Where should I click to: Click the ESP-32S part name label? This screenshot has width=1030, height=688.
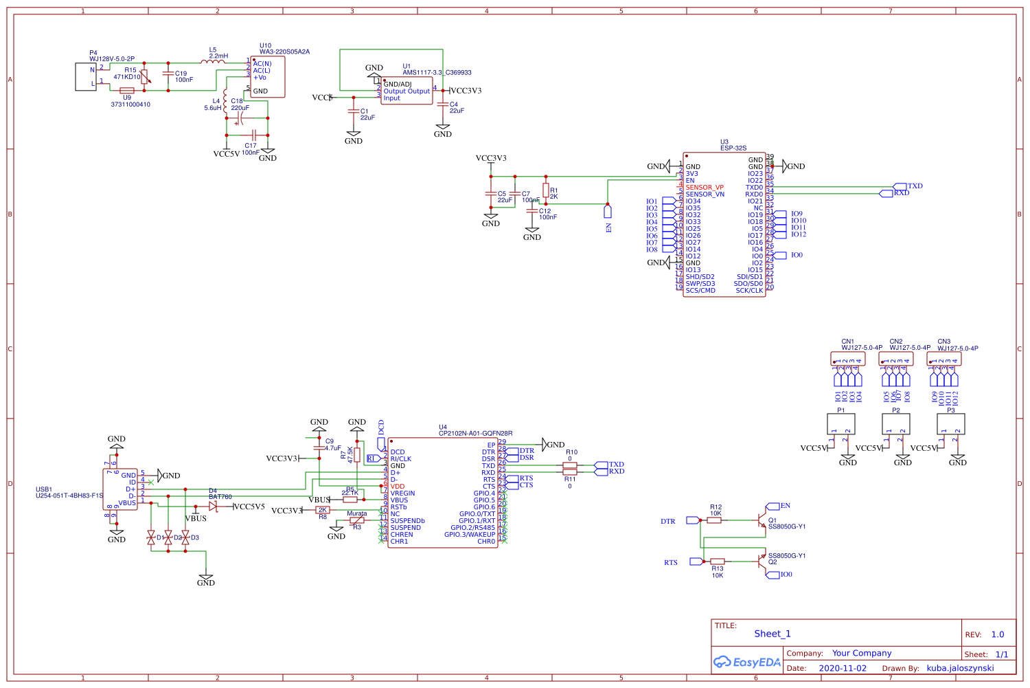click(x=733, y=148)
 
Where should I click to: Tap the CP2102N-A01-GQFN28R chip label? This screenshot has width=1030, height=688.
click(x=475, y=434)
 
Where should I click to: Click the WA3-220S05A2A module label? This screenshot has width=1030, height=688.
click(x=284, y=52)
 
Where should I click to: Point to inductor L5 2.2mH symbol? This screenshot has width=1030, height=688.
click(x=213, y=62)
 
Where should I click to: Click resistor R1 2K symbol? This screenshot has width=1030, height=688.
click(x=546, y=190)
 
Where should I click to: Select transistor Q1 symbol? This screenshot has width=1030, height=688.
click(x=762, y=520)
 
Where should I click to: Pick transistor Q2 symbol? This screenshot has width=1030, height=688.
click(x=762, y=562)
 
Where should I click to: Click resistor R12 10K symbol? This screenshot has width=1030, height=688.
click(x=714, y=520)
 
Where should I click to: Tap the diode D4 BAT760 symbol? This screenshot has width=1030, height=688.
click(x=213, y=507)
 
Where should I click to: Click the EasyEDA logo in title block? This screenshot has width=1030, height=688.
click(x=747, y=663)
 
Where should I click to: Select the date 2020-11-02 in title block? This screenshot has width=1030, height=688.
click(x=843, y=668)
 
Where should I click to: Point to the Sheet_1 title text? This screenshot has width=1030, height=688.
click(x=772, y=634)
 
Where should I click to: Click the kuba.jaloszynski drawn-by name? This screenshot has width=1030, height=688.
click(x=960, y=668)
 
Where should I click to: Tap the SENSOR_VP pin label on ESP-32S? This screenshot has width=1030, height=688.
click(x=705, y=188)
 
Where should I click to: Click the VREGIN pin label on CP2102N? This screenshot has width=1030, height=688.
click(x=402, y=493)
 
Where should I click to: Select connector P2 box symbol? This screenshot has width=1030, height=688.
click(x=895, y=424)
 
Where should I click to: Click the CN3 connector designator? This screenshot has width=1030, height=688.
click(x=944, y=342)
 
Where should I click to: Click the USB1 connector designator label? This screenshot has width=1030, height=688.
click(x=44, y=489)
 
